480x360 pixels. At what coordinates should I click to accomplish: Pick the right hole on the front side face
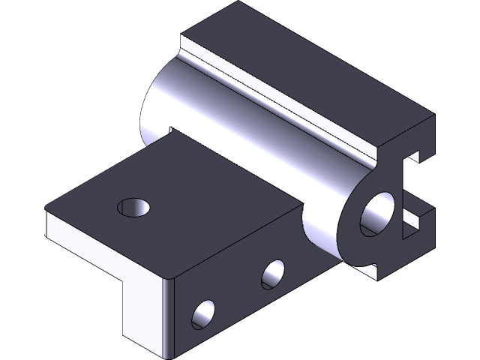[273, 274]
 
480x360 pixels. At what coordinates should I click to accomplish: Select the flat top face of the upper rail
[307, 75]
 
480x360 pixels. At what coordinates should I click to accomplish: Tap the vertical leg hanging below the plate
[142, 307]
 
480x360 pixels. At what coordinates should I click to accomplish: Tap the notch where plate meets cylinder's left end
[170, 130]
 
